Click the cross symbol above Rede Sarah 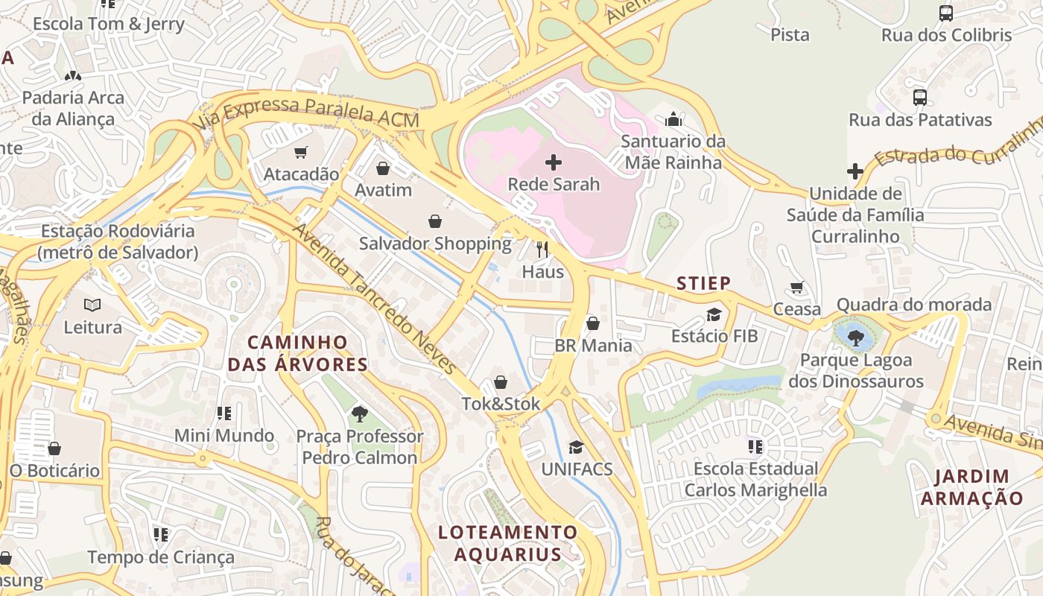554,162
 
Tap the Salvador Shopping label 435,244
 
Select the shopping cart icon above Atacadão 301,153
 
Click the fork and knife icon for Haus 542,250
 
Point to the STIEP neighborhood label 703,283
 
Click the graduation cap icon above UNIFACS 576,447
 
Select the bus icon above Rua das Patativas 920,97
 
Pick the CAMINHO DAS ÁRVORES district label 298,353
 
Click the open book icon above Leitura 92,305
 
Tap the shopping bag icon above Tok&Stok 501,382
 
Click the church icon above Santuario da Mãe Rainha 673,119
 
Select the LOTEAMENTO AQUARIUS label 508,543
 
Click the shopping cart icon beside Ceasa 797,287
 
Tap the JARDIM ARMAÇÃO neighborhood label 972,487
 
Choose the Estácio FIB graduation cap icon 714,314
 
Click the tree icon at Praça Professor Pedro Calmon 360,413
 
